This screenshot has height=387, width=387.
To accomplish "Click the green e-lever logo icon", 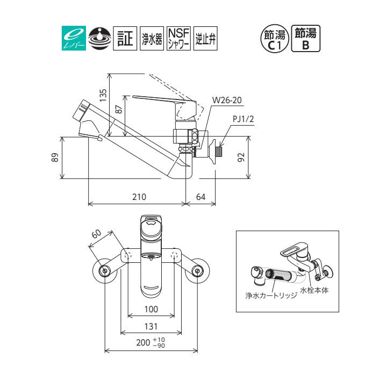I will (x=71, y=39).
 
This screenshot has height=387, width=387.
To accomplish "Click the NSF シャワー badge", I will (x=178, y=39).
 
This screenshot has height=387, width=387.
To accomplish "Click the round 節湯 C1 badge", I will (x=275, y=39).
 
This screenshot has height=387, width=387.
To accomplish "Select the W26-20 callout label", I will (x=227, y=100).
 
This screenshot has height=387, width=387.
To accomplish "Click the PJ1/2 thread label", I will (x=243, y=120).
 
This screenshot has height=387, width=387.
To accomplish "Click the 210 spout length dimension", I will (x=139, y=197).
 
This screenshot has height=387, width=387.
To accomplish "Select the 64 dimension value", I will (x=200, y=197).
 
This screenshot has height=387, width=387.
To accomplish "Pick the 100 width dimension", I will (x=152, y=309).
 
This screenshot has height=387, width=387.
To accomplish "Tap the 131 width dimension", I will (x=152, y=326).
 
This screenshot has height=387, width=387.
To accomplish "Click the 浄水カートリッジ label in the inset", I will (x=267, y=297).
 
